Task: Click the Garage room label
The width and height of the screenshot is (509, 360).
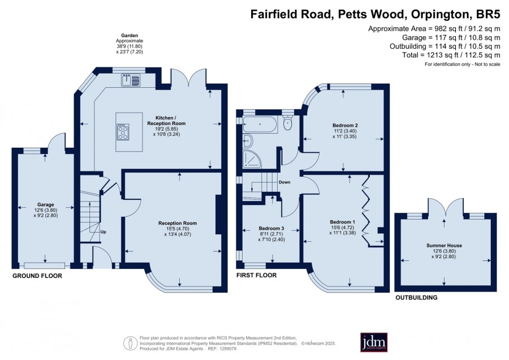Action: (x=45, y=205)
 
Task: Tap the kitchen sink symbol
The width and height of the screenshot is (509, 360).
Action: (x=131, y=80)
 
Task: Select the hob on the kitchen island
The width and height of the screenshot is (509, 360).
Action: (x=123, y=132)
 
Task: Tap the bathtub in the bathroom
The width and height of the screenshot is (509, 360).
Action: (x=260, y=124)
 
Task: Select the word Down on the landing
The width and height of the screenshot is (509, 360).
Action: (x=284, y=182)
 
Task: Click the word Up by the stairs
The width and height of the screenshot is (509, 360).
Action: (x=103, y=232)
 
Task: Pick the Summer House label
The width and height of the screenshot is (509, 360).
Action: (x=444, y=246)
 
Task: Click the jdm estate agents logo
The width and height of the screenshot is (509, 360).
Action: (x=374, y=342)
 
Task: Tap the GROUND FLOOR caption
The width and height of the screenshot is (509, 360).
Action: (x=37, y=276)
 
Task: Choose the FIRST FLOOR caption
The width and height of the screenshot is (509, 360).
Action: (x=256, y=275)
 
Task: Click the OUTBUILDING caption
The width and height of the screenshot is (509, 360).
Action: (x=416, y=297)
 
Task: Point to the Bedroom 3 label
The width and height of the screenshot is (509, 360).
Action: (x=271, y=229)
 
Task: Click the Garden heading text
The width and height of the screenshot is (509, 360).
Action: (x=130, y=36)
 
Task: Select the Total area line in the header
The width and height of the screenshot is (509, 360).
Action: (x=451, y=55)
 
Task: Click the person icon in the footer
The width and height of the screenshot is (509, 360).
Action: (x=131, y=344)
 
